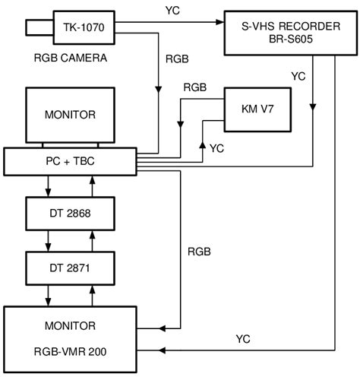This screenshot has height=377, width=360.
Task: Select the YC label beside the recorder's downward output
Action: tap(299, 76)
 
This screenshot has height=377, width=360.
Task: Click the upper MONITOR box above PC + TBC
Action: tap(71, 115)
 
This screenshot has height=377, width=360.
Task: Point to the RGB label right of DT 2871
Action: tap(200, 251)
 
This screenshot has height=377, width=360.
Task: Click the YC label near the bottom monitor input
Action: tap(243, 339)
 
